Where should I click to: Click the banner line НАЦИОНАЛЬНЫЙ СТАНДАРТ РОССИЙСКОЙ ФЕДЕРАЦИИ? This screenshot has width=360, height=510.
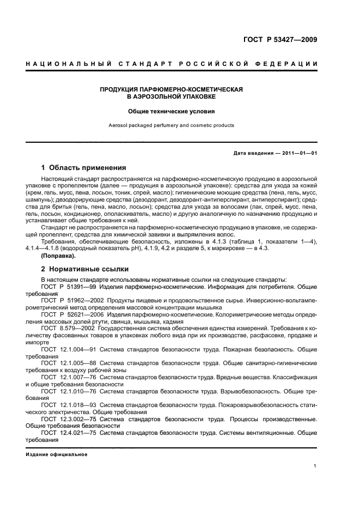point(172,64)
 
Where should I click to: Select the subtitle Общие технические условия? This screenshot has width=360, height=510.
point(171,111)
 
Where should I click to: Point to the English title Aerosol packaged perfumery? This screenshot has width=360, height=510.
point(171,125)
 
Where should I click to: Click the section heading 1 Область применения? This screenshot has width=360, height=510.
point(83,168)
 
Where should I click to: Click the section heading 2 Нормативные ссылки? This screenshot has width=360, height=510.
point(84,269)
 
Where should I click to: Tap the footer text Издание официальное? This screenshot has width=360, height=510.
point(57,454)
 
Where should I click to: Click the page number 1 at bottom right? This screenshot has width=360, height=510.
point(315,465)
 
